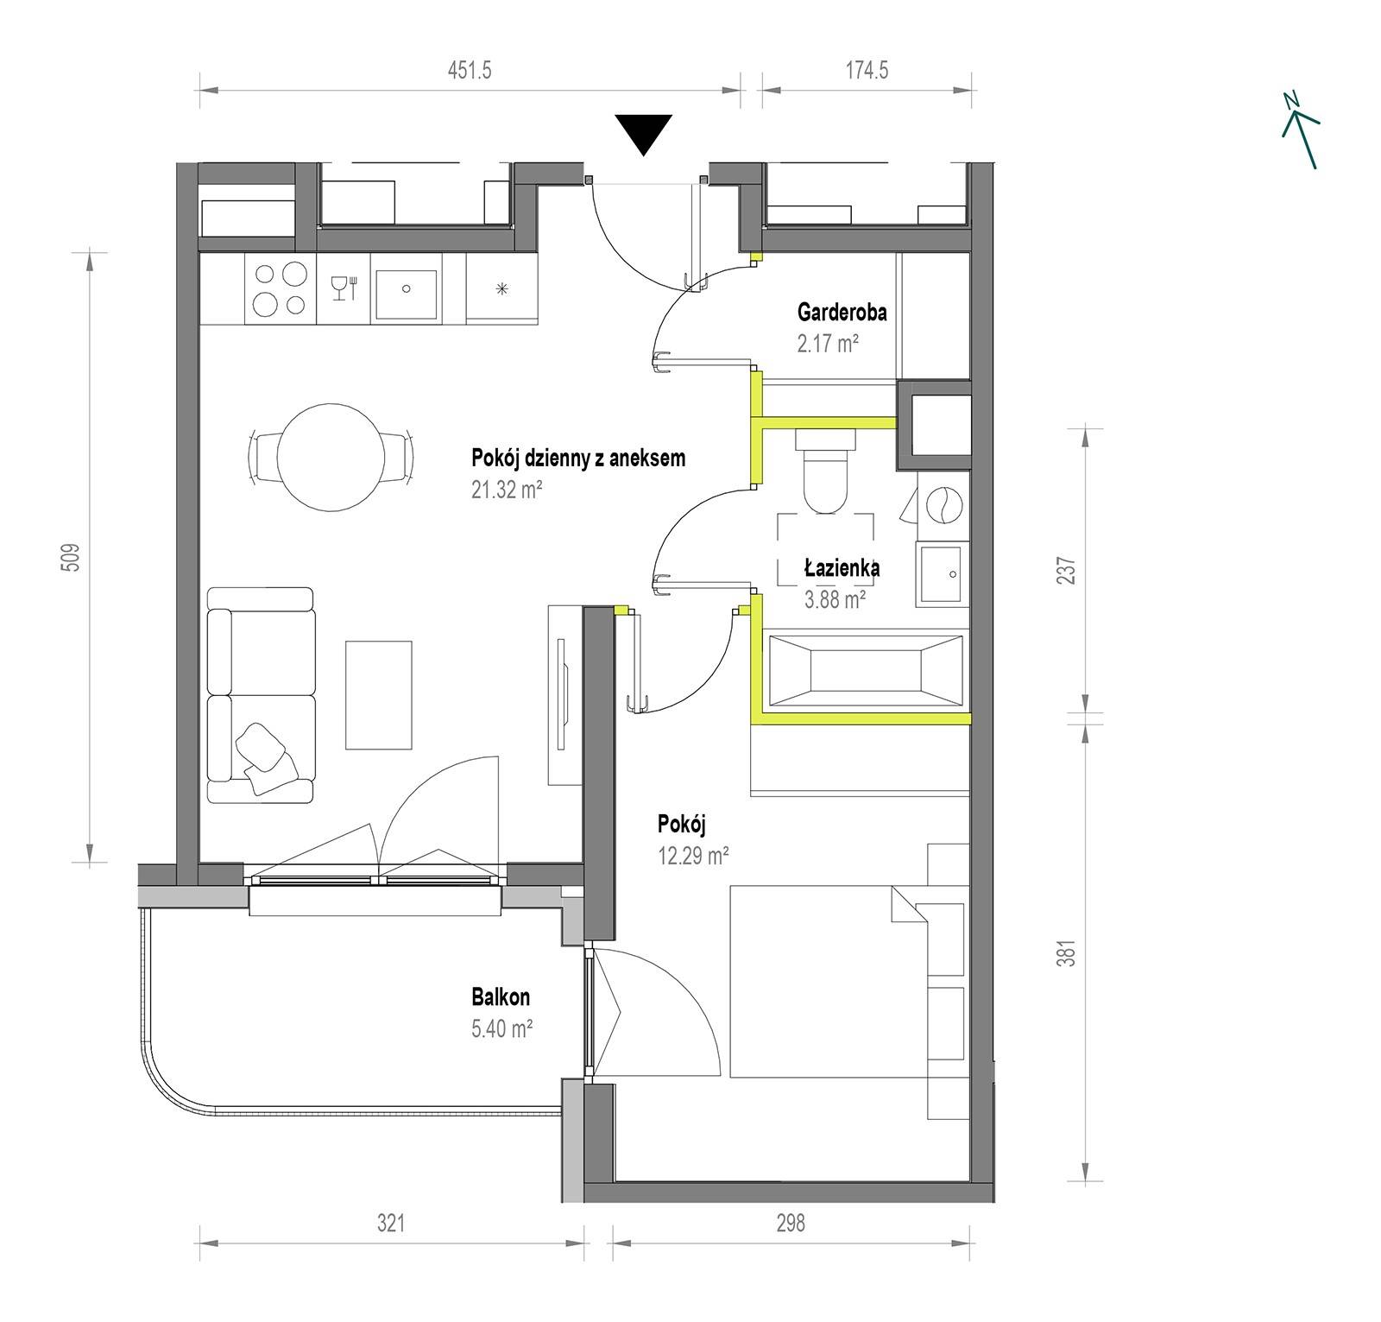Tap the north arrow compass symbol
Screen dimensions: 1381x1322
coord(1301,130)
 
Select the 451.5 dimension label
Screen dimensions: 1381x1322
coord(470,70)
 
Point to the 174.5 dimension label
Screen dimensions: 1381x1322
coord(867,70)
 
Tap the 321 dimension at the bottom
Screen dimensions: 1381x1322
coord(390,1223)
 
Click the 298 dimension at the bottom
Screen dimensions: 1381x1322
coord(790,1223)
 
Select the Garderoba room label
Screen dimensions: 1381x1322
coord(842,311)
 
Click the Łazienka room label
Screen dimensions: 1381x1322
coord(842,567)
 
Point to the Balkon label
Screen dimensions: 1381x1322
coord(501,997)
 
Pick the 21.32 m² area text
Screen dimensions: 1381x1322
coord(507,490)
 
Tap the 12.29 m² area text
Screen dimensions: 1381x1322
coord(693,857)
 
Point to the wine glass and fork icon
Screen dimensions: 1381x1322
coord(344,288)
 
